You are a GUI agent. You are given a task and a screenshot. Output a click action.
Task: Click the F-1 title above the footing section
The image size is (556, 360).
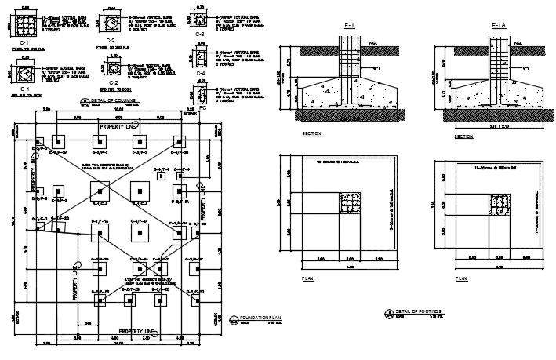click(x=350, y=26)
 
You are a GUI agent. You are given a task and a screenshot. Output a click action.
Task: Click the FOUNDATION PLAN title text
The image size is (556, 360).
click(x=260, y=318)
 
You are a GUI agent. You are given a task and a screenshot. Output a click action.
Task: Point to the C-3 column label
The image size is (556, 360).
click(x=199, y=34)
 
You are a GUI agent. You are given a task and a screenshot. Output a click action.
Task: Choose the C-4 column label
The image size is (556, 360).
click(x=199, y=73)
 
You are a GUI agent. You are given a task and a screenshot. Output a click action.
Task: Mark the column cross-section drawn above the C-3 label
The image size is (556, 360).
click(x=198, y=19)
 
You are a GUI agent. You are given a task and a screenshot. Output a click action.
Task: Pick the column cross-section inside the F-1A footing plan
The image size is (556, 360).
click(x=498, y=205)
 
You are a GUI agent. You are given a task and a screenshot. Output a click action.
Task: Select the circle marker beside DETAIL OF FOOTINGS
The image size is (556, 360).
click(x=388, y=314)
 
